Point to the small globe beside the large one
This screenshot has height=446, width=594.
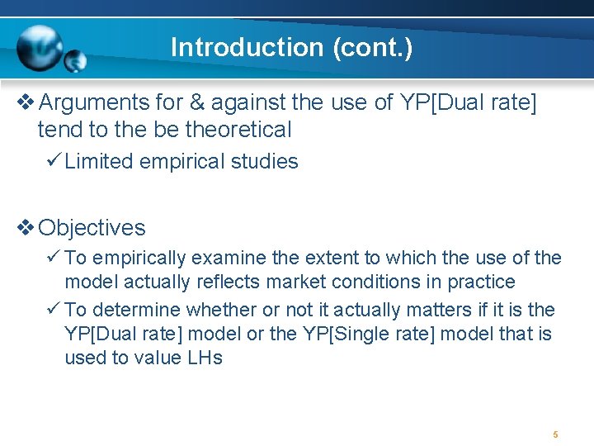(x=75, y=60)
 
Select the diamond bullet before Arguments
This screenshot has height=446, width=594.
(x=25, y=103)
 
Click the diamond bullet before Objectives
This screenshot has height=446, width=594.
(x=25, y=228)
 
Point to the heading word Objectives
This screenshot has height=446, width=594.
(x=92, y=228)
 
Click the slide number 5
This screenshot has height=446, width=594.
(x=555, y=434)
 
